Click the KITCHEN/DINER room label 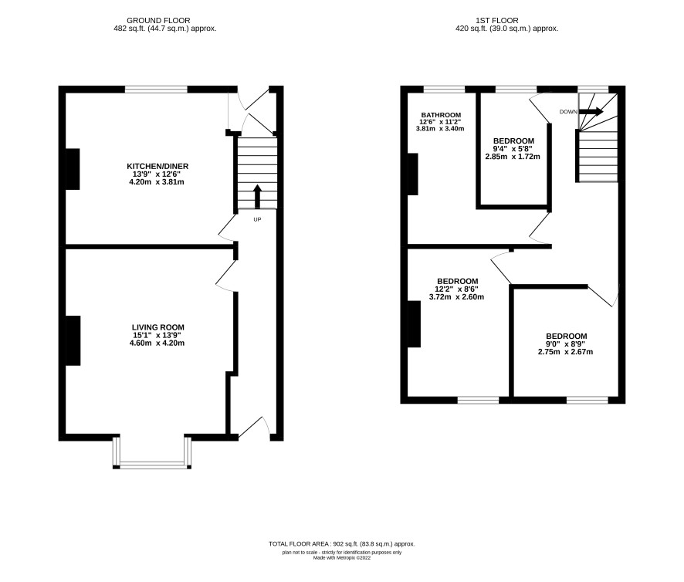click(157, 166)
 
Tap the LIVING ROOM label click(158, 327)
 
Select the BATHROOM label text click(441, 115)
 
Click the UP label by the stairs click(257, 219)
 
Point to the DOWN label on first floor click(568, 112)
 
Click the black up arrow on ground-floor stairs click(257, 197)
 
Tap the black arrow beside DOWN click(591, 112)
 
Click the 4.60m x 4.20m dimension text click(157, 343)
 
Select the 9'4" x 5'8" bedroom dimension click(513, 149)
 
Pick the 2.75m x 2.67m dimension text click(565, 352)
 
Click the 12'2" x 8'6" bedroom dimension click(457, 289)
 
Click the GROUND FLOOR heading click(158, 21)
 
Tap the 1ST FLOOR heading click(497, 21)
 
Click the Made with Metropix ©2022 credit click(342, 557)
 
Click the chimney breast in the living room click(73, 340)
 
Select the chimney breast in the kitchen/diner click(73, 169)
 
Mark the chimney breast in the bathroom click(413, 174)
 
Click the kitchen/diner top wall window click(156, 90)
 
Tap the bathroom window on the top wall click(444, 90)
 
